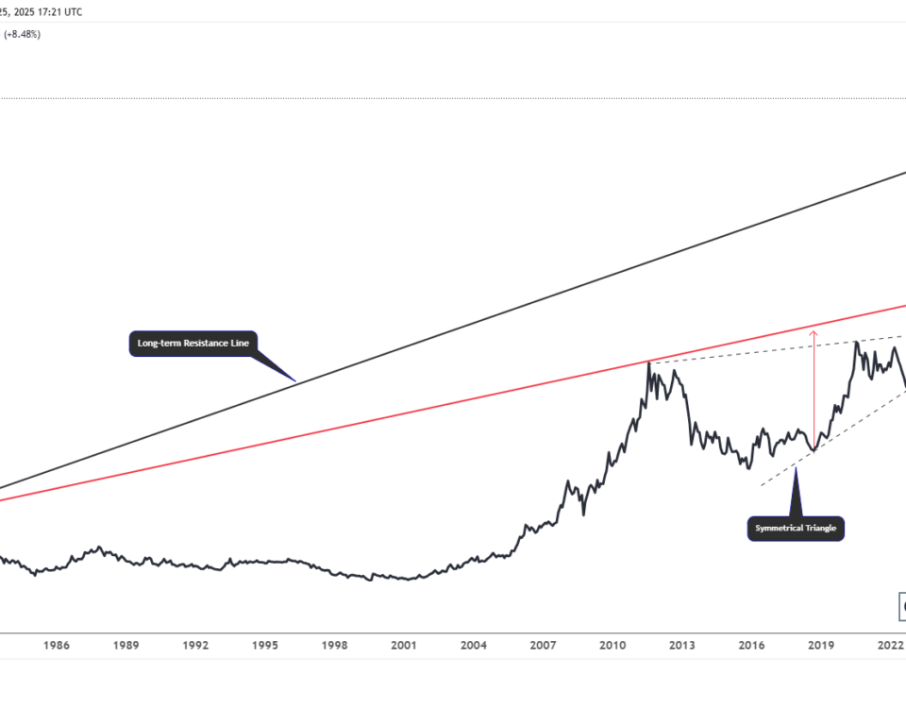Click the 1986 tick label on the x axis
(57, 646)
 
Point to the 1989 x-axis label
(126, 646)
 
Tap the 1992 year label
(195, 646)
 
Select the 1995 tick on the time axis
(265, 646)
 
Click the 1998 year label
(334, 646)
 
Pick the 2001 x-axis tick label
(404, 646)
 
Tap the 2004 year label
(474, 646)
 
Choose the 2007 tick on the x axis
(543, 646)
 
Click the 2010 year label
(612, 646)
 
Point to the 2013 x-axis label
(682, 646)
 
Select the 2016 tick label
(751, 646)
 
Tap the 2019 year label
(821, 646)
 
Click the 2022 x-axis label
(890, 646)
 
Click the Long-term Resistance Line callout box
(193, 344)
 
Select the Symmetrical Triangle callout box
(796, 528)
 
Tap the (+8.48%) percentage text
(22, 35)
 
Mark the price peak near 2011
(648, 362)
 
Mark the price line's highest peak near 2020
(856, 342)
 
